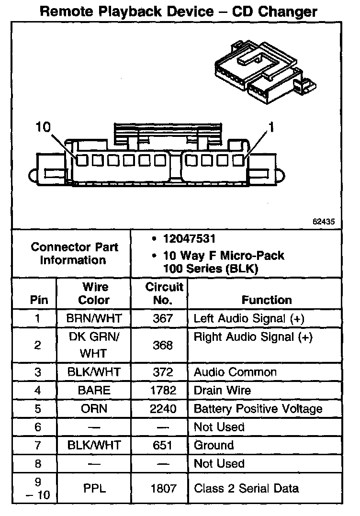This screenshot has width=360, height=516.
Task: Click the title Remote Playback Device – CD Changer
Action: (179, 11)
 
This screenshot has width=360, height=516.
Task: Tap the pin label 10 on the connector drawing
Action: (43, 127)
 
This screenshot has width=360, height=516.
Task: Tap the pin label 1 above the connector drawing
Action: (271, 127)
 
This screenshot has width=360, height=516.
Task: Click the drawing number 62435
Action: (323, 222)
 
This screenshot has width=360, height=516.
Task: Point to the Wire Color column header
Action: (94, 293)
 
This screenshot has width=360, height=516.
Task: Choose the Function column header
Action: (267, 300)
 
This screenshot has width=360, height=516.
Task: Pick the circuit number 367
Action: (163, 318)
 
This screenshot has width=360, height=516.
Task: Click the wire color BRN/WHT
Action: (94, 318)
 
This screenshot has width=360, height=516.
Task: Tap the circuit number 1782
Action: (163, 391)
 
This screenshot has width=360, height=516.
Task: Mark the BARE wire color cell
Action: (94, 391)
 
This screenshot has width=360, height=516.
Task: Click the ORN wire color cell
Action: (94, 409)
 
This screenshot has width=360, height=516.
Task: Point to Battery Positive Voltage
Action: (258, 409)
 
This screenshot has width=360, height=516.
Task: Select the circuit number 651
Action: (163, 445)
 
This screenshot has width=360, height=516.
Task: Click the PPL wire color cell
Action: (94, 489)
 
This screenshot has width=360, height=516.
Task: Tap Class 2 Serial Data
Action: (247, 489)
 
